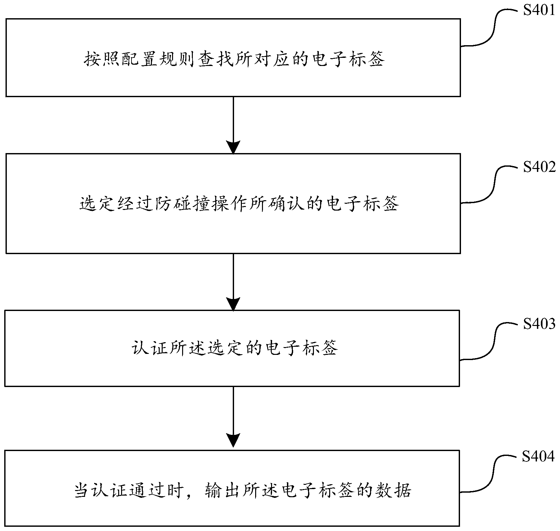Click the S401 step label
click(539, 10)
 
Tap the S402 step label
click(539, 167)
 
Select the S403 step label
click(539, 324)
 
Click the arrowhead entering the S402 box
click(233, 147)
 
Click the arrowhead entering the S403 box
click(233, 304)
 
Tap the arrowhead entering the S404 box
click(233, 440)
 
